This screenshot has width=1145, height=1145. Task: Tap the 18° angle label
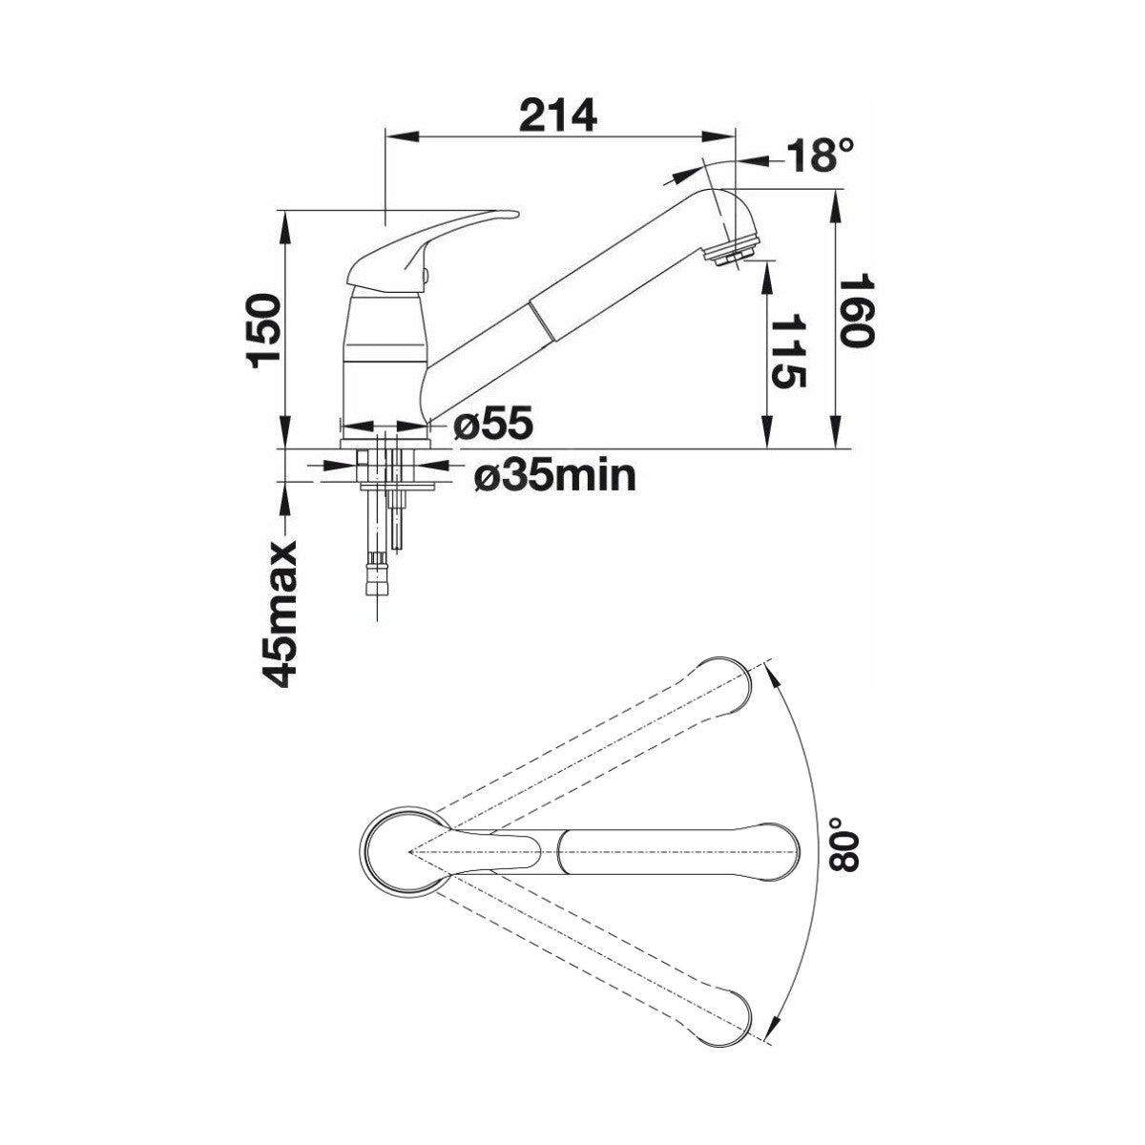[x=821, y=156]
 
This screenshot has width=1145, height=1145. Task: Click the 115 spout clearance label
[x=788, y=353]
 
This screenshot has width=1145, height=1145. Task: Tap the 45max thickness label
[x=279, y=614]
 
